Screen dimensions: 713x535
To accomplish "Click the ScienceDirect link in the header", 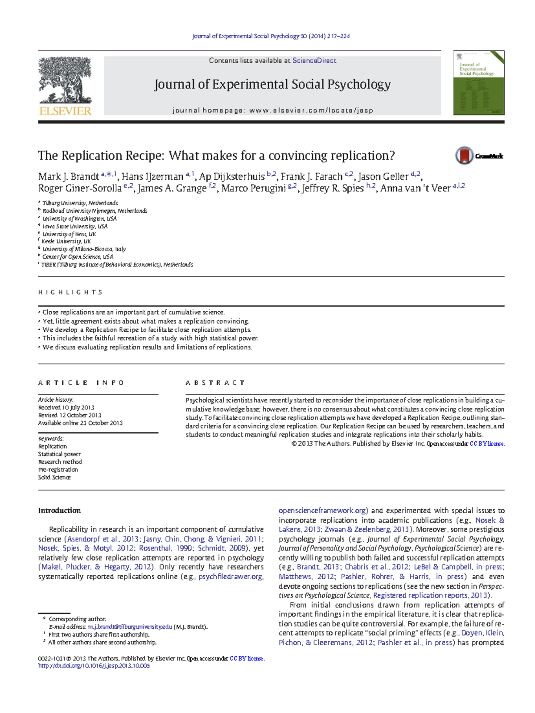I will [314, 61].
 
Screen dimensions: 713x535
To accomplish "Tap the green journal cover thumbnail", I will [478, 83].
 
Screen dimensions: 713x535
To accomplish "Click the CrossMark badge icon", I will [464, 156].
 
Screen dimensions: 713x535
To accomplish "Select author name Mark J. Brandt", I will [68, 177].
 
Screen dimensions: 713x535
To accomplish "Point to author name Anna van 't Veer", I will [415, 188].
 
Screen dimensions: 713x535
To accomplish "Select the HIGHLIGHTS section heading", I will [70, 292].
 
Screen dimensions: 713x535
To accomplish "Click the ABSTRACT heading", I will [215, 383].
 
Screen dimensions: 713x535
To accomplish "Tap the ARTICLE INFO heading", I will [81, 383].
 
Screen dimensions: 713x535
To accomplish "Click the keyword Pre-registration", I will [58, 470].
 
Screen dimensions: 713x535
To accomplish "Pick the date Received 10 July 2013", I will [66, 408].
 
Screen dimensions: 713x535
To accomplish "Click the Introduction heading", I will [59, 511].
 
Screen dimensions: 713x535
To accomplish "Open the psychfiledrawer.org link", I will [230, 577].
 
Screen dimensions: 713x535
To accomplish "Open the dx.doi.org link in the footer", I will [94, 666].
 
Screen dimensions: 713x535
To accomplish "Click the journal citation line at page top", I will [271, 36].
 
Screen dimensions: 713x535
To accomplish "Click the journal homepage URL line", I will [272, 110].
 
